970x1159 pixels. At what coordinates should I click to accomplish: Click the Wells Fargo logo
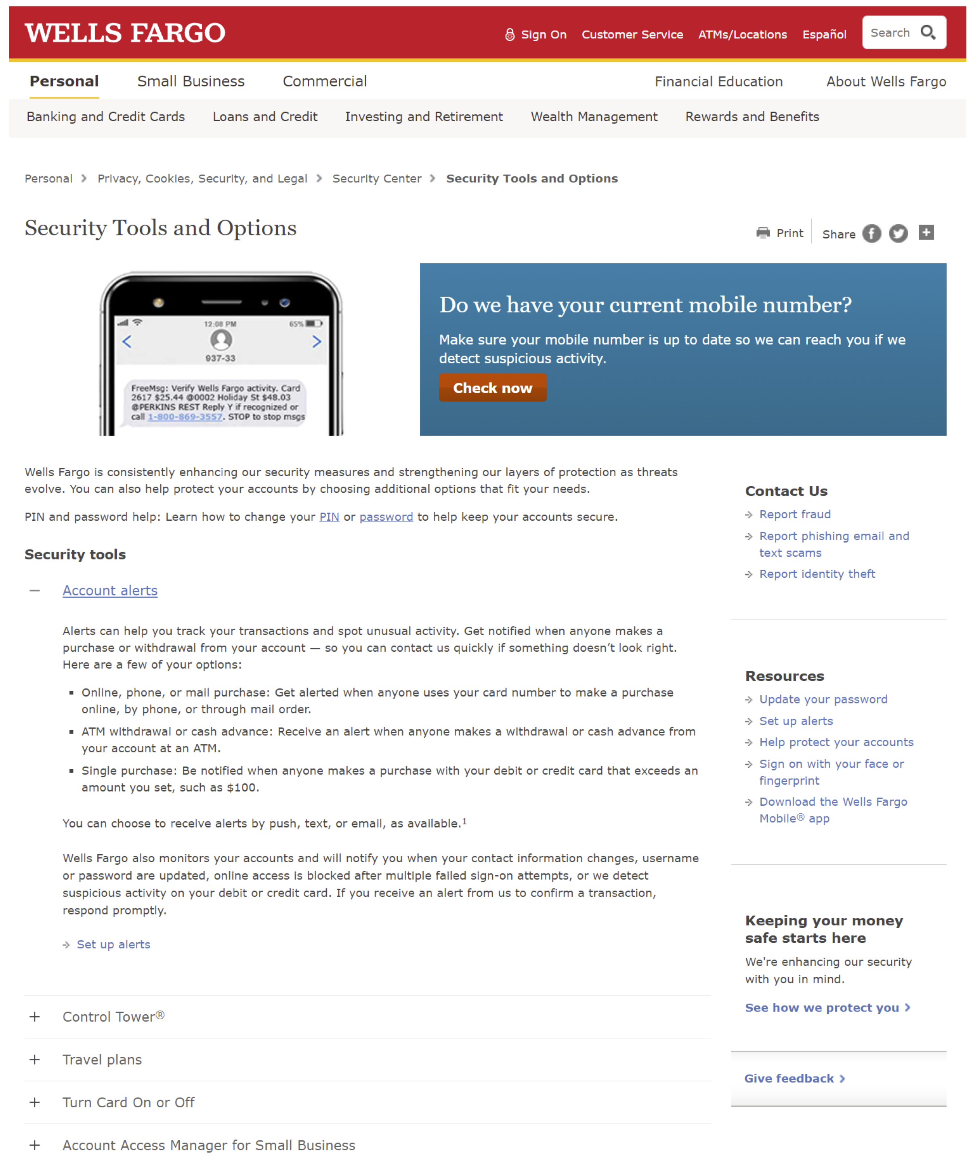[x=125, y=33]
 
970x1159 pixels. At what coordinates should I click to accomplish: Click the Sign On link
[x=543, y=35]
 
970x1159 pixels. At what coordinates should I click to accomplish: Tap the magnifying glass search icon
[x=928, y=33]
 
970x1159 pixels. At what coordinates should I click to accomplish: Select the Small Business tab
[x=191, y=82]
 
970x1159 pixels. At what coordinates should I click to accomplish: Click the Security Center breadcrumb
[x=377, y=179]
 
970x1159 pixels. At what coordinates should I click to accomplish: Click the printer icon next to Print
[x=763, y=233]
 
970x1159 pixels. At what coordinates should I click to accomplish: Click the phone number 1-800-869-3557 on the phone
[x=185, y=417]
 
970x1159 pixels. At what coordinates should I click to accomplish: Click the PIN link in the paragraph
[x=329, y=517]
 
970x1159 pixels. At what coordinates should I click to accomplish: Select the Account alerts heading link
[x=110, y=591]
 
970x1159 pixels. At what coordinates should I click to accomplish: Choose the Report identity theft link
[x=817, y=574]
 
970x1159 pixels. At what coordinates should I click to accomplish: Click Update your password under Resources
[x=823, y=700]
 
